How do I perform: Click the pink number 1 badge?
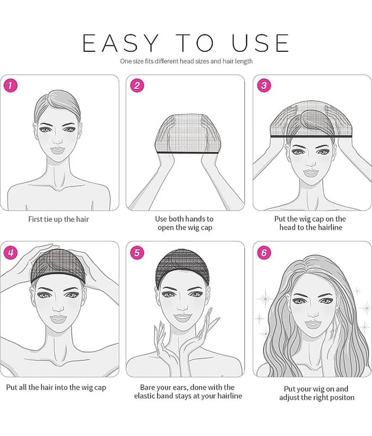pos(11,86)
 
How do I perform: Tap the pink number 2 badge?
pos(137,86)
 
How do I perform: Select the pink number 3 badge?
pos(264,86)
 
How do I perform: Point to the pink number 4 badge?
pos(11,253)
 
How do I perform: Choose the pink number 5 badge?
pos(137,253)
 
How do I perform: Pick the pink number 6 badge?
pos(264,253)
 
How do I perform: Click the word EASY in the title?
pos(120,43)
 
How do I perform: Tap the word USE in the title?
pos(260,43)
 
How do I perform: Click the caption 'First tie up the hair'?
pos(59,220)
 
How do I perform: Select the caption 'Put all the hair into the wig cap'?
pos(56,387)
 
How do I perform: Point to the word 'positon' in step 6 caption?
pos(342,398)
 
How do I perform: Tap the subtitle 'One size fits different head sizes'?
pos(165,61)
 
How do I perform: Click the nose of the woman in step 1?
pos(58,141)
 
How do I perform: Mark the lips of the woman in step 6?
pos(313,324)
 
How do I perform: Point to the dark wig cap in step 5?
pos(182,267)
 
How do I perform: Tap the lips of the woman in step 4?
pos(58,319)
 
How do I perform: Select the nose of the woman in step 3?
pos(310,163)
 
